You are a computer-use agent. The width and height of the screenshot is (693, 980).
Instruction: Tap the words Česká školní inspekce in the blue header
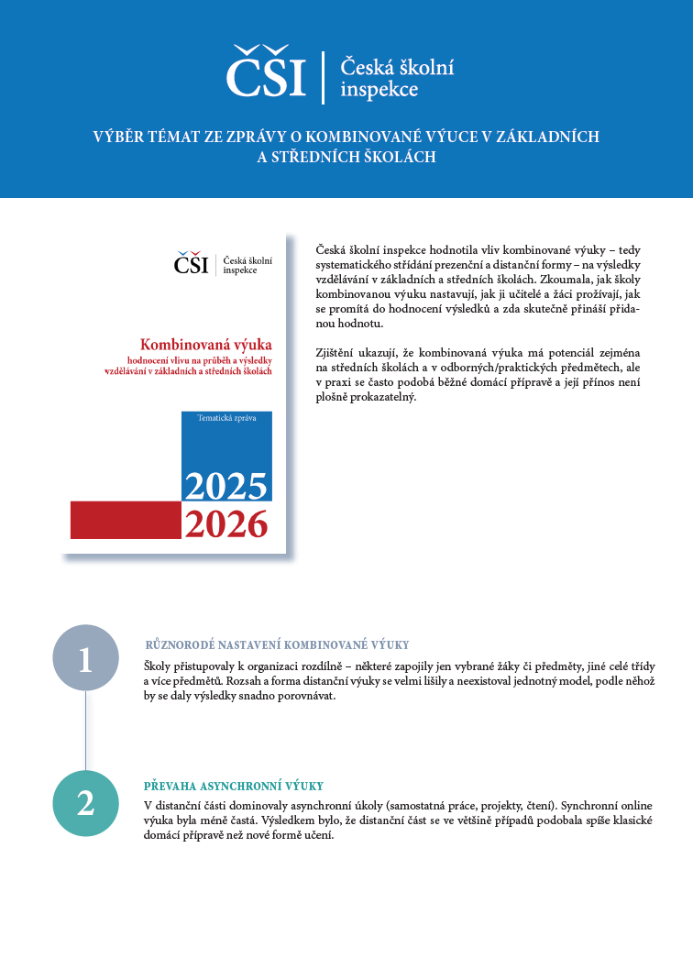coord(397,78)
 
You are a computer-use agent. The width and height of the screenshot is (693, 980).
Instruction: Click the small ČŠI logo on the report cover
coord(192,263)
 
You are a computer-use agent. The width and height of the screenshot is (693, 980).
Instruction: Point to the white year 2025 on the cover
coord(225,485)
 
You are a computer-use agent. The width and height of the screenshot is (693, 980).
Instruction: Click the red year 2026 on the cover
coord(225,523)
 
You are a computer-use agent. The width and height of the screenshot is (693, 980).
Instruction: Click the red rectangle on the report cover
coord(126,521)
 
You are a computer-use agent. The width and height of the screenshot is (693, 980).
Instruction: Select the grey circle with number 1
coord(85,657)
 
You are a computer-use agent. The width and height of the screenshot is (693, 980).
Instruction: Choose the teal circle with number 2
coord(85,803)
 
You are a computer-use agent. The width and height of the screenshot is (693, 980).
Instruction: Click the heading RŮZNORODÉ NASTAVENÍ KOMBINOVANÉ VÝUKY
coord(277,645)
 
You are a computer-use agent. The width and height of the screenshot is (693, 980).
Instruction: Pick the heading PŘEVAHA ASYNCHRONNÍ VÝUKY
coord(234,787)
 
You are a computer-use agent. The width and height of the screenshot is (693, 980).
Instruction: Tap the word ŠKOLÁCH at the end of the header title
coord(399,158)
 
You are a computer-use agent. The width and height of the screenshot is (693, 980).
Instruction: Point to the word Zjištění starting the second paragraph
coord(336,353)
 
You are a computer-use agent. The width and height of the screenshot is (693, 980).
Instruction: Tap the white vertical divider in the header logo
coord(323,78)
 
